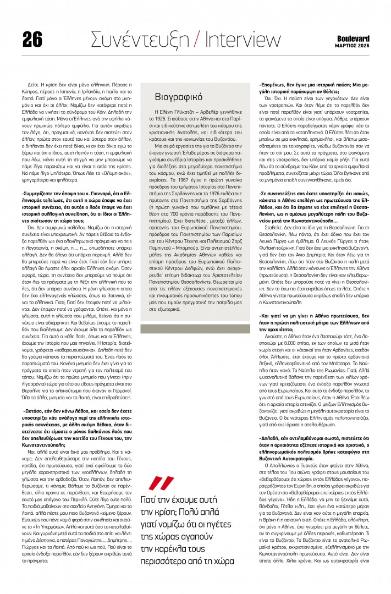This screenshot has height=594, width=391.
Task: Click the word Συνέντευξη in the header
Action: click(x=144, y=40)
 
